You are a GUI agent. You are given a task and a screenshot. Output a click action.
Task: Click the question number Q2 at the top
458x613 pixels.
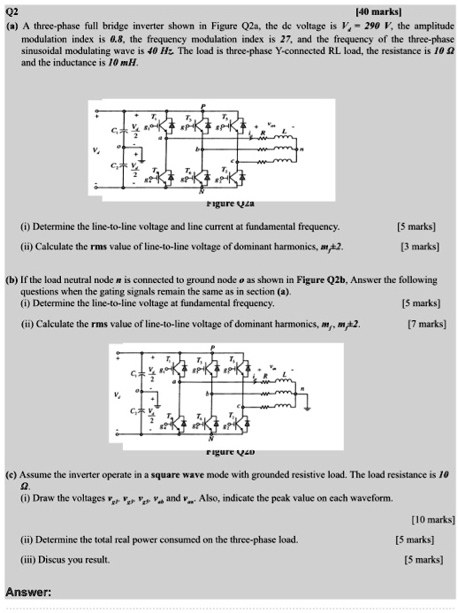coord(13,11)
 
